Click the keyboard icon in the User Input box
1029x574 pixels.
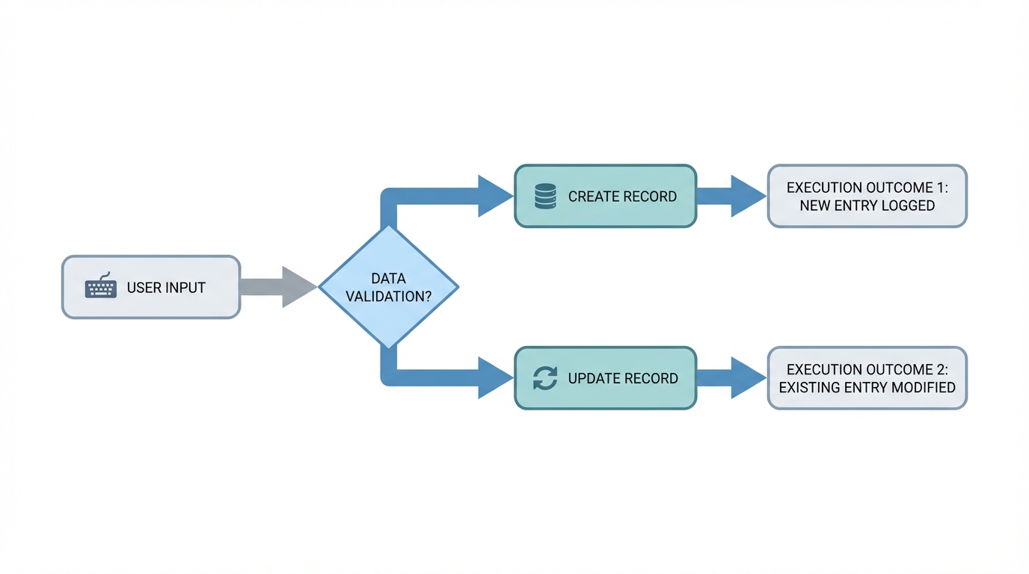click(x=101, y=287)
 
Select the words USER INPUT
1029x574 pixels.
click(x=166, y=288)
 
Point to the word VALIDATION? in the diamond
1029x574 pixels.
click(x=388, y=296)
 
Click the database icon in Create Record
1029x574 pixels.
click(x=545, y=197)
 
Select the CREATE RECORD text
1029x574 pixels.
click(x=622, y=197)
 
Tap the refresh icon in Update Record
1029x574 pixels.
click(x=545, y=378)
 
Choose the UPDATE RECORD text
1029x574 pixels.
click(x=622, y=378)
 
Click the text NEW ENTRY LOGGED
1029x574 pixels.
click(x=867, y=206)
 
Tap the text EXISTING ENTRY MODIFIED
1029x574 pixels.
click(x=867, y=387)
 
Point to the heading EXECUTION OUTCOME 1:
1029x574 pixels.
click(x=867, y=187)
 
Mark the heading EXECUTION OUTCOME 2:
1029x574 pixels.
click(x=867, y=369)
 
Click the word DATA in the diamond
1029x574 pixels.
click(x=388, y=278)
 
